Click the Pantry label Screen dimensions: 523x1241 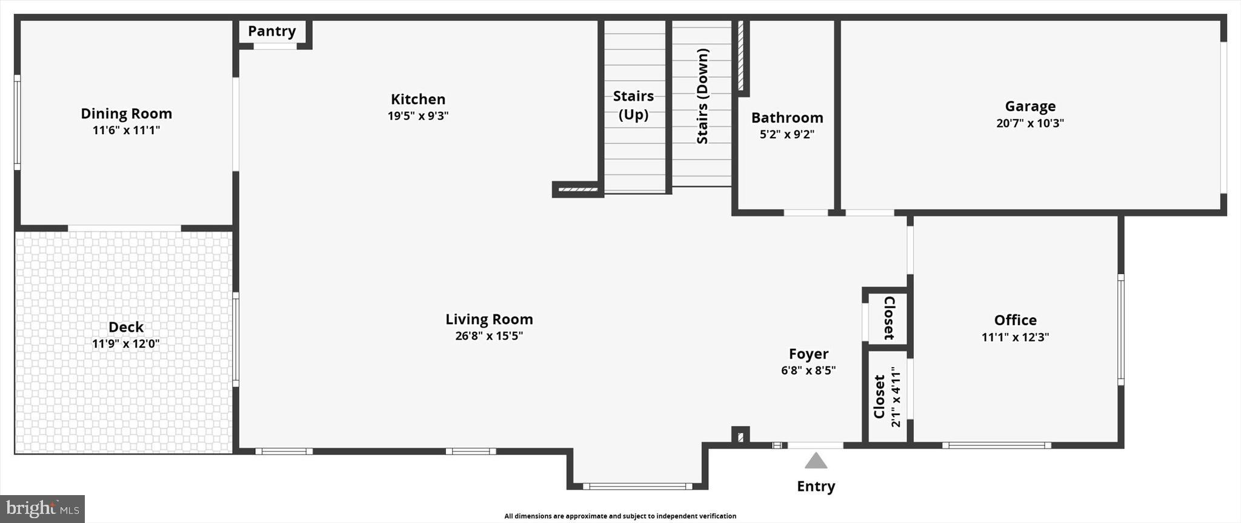pyautogui.click(x=271, y=32)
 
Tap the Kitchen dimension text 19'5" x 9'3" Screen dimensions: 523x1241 pyautogui.click(x=418, y=116)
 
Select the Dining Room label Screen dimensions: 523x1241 pyautogui.click(x=126, y=113)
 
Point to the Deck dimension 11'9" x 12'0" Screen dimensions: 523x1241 pyautogui.click(x=126, y=344)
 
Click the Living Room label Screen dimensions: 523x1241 pyautogui.click(x=489, y=319)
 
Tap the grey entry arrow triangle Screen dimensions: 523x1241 pyautogui.click(x=816, y=462)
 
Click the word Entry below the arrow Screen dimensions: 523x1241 pyautogui.click(x=816, y=486)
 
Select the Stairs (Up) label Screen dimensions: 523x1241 pyautogui.click(x=633, y=105)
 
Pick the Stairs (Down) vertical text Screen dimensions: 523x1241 pyautogui.click(x=702, y=96)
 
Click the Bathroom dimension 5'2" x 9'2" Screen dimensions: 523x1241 pyautogui.click(x=787, y=135)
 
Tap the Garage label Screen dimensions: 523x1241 pyautogui.click(x=1030, y=106)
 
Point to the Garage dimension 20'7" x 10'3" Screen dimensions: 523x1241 pyautogui.click(x=1030, y=123)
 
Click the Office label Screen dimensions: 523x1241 pyautogui.click(x=1015, y=320)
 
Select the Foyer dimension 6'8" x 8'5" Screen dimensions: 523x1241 pyautogui.click(x=808, y=371)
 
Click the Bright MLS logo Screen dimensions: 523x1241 pyautogui.click(x=42, y=508)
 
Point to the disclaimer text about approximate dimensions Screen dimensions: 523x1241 pyautogui.click(x=620, y=516)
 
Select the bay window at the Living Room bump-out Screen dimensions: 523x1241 pyautogui.click(x=637, y=486)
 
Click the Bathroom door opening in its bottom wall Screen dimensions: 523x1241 pyautogui.click(x=806, y=213)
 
